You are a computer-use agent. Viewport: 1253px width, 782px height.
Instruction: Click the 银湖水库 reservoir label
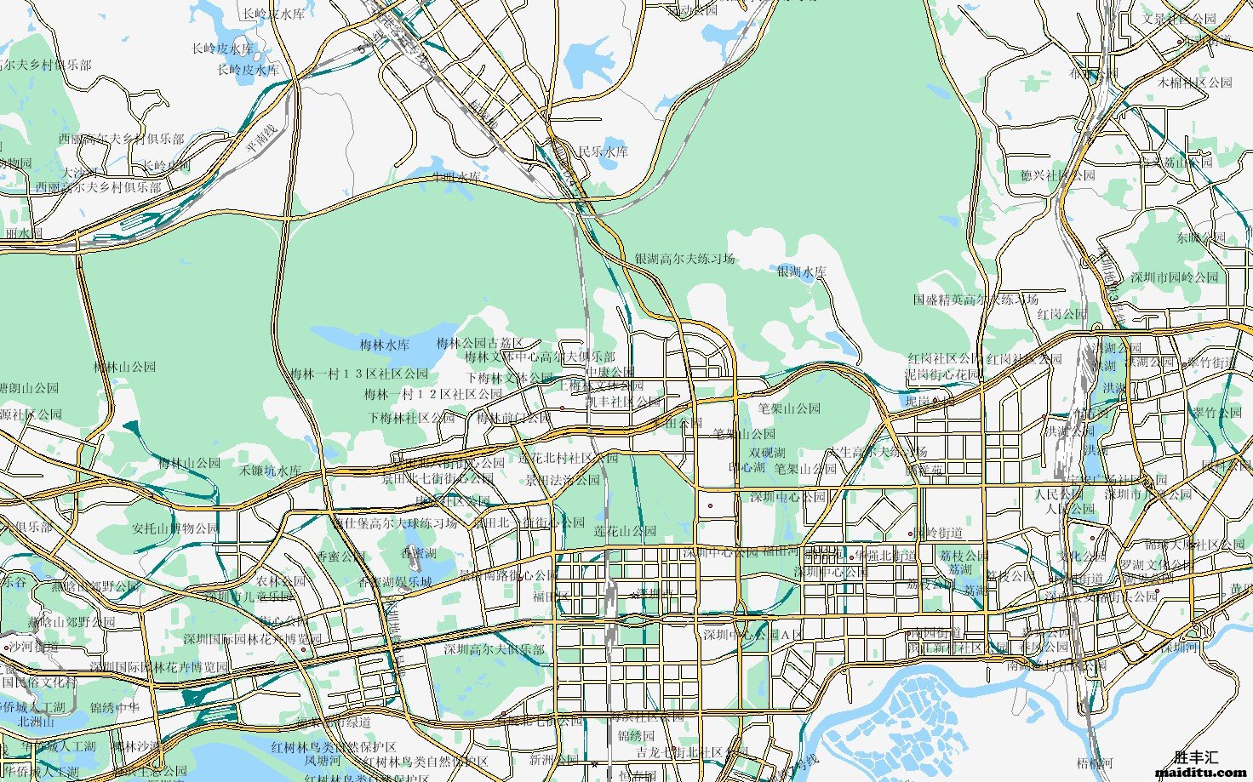point(801,272)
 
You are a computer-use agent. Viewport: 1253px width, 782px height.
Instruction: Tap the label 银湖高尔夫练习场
point(684,259)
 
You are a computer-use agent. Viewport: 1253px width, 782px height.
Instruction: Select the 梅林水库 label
point(385,345)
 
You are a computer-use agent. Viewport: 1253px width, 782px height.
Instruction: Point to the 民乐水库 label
point(603,151)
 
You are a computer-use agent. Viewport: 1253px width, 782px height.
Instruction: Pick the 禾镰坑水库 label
point(270,471)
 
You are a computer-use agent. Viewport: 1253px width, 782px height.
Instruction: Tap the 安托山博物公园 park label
point(175,528)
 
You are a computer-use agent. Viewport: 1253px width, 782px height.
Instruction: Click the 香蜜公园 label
point(340,557)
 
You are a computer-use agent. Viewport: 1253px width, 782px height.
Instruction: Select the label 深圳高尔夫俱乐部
point(494,649)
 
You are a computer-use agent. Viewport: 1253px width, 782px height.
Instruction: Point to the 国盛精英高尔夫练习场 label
point(976,300)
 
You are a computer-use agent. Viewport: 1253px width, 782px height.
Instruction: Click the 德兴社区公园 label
point(1057,175)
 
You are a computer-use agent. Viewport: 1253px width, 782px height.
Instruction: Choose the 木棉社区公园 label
point(1195,83)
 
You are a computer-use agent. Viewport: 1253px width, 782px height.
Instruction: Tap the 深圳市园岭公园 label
point(1175,277)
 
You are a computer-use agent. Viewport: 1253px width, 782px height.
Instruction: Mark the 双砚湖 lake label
point(767,453)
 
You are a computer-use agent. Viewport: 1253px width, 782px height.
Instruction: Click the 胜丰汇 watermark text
point(1197,757)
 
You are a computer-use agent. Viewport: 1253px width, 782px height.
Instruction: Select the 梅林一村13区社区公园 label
point(359,374)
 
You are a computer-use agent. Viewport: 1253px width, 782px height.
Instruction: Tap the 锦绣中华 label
point(115,707)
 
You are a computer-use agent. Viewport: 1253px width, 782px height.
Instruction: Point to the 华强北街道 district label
point(885,555)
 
